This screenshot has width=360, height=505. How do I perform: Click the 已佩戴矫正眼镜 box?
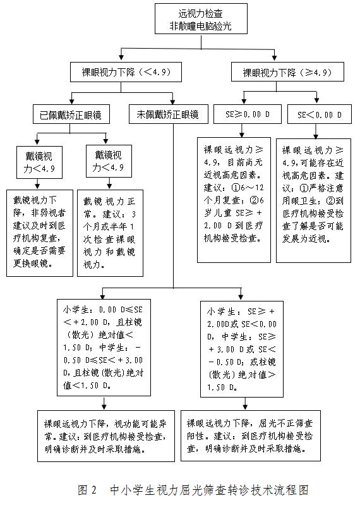tap(71, 115)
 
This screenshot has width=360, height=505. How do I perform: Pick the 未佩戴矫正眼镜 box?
tap(167, 115)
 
